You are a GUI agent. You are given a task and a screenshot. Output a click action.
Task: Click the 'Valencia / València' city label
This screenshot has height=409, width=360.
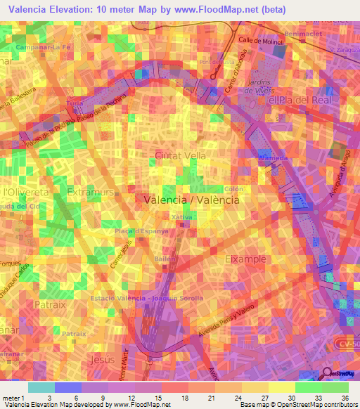(x=191, y=200)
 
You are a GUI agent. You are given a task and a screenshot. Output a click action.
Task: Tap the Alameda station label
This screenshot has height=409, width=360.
(x=274, y=159)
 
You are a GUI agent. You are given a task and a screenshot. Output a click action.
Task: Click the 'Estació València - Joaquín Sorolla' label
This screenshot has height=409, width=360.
(x=147, y=298)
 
